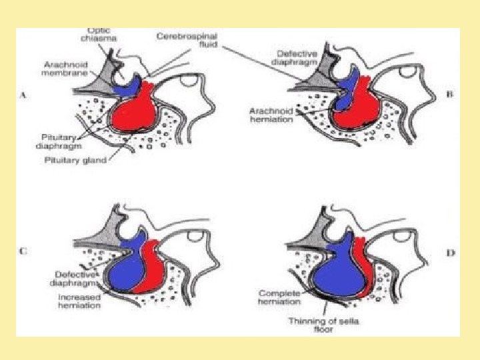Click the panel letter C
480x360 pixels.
tap(23, 251)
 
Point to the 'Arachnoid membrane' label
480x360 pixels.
tap(65, 69)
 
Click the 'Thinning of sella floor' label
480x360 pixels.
tap(314, 325)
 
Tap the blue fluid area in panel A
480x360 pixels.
tap(125, 86)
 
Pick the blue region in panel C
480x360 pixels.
tap(130, 267)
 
